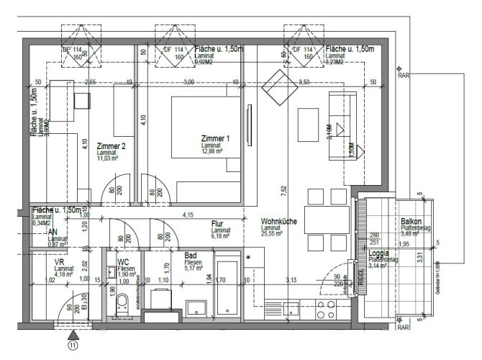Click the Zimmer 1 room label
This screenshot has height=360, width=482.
tap(216, 138)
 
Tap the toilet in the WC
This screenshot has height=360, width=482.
tap(122, 302)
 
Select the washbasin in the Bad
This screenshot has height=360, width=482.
tap(196, 307)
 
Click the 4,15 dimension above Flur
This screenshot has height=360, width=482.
tap(188, 215)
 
